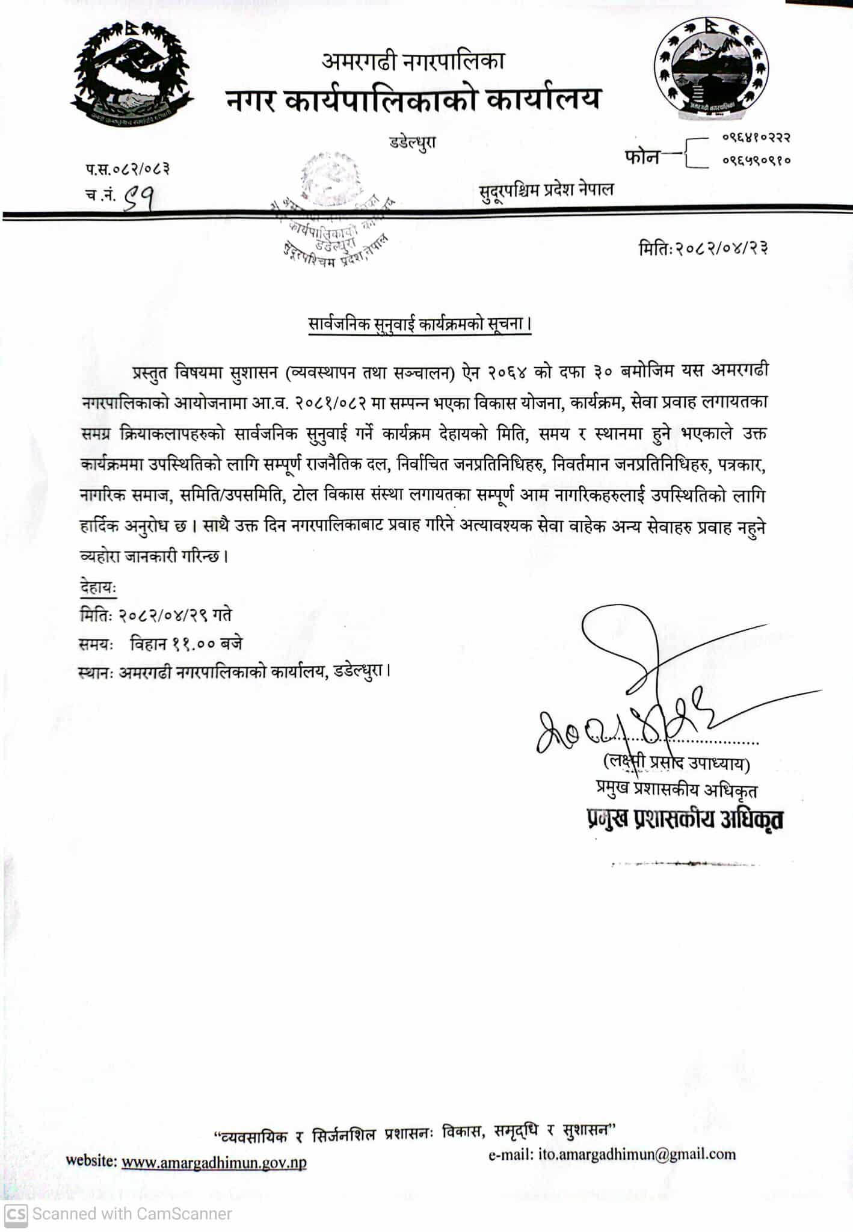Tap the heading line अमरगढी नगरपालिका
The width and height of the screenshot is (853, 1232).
(413, 61)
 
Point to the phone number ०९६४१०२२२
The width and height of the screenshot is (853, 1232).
(756, 138)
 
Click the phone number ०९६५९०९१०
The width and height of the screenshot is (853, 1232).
(756, 161)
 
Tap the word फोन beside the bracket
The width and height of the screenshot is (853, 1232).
(642, 157)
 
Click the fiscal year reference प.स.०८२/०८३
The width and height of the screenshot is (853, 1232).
(127, 168)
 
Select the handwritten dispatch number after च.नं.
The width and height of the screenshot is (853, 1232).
(138, 196)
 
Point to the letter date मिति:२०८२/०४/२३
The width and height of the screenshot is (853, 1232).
(703, 248)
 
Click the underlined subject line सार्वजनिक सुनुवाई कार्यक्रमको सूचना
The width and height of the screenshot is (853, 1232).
(419, 324)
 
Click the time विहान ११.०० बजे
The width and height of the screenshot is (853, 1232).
(186, 644)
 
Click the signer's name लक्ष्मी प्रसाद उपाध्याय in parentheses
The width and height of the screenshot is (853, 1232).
(676, 763)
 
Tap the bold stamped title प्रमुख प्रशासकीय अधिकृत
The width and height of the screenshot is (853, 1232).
(685, 819)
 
